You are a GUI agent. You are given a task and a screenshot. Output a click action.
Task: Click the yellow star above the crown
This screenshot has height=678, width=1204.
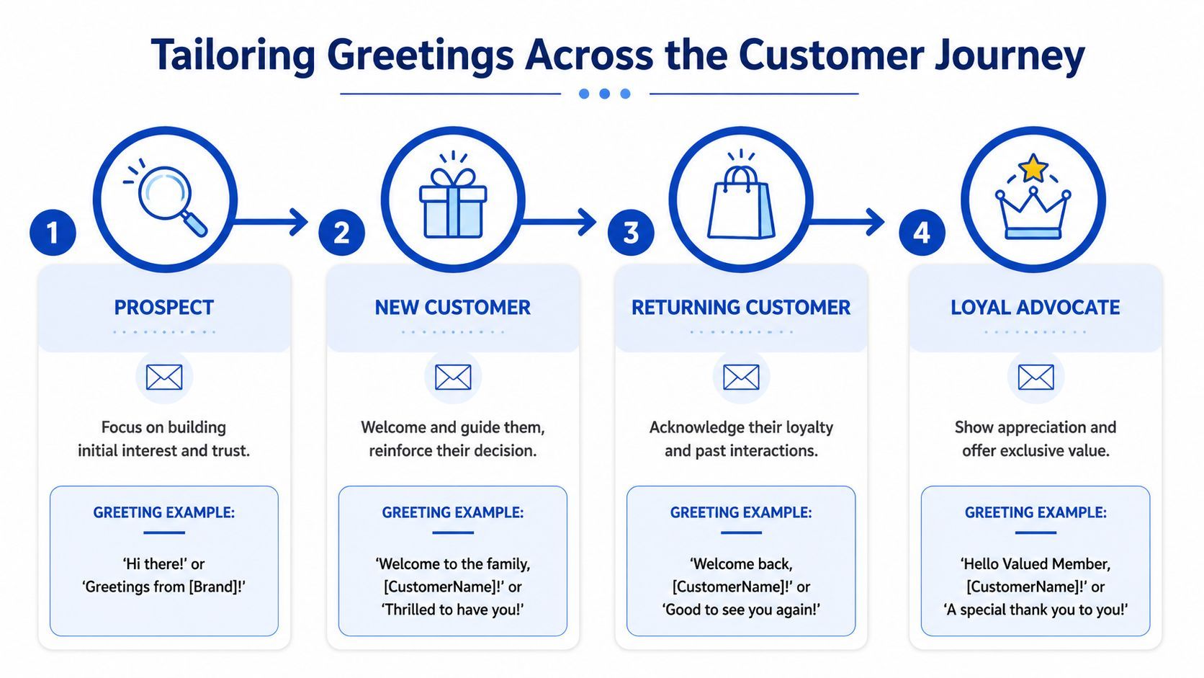pyautogui.click(x=1033, y=168)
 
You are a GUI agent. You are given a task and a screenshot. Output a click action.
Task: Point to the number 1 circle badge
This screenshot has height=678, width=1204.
pyautogui.click(x=53, y=232)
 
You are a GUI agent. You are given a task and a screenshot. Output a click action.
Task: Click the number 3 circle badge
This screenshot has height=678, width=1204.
pyautogui.click(x=631, y=232)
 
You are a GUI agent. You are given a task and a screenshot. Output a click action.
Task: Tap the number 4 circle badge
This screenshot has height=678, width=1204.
pyautogui.click(x=922, y=232)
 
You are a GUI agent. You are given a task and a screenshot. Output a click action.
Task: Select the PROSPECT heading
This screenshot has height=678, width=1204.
pyautogui.click(x=164, y=308)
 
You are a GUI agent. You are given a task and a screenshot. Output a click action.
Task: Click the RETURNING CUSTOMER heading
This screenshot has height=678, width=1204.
pyautogui.click(x=741, y=308)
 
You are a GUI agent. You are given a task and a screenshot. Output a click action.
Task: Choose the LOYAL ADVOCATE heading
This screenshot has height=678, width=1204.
pyautogui.click(x=1035, y=308)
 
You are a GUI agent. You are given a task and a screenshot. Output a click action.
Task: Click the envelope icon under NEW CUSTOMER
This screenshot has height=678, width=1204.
pyautogui.click(x=453, y=377)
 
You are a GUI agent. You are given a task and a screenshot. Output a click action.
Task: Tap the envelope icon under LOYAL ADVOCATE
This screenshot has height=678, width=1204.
pyautogui.click(x=1035, y=377)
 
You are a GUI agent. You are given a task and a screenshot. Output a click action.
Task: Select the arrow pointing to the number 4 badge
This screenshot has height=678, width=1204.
pyautogui.click(x=850, y=221)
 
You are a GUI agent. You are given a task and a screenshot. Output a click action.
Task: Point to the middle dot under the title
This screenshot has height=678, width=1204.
pyautogui.click(x=605, y=94)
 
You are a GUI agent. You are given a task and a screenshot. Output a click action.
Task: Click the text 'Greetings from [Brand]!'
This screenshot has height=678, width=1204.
pyautogui.click(x=164, y=586)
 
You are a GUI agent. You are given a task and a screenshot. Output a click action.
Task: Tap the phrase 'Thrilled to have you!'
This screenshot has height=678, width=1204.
pyautogui.click(x=453, y=610)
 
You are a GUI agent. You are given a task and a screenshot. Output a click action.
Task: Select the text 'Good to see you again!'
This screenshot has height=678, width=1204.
pyautogui.click(x=741, y=610)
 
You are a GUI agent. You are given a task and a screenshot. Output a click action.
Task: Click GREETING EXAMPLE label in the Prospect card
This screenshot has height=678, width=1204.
pyautogui.click(x=164, y=512)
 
